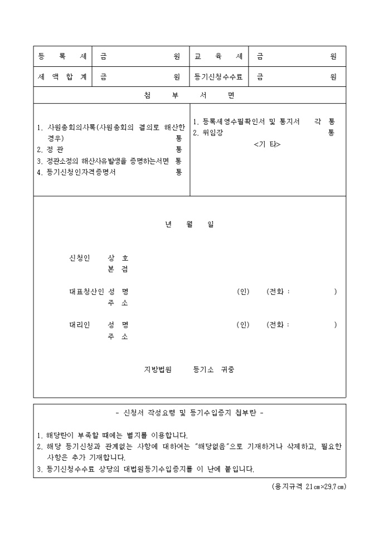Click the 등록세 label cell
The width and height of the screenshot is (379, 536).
pos(62,56)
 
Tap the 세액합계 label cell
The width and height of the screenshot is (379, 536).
pos(62,77)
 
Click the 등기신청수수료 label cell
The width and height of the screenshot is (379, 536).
pos(218,77)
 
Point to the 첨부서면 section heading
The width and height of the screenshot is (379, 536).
pos(189,95)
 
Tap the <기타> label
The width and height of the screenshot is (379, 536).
pos(267,144)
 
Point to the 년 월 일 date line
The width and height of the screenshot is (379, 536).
pos(189,225)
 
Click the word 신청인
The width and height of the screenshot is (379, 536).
pos(79,258)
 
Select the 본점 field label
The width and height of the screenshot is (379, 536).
pos(118,269)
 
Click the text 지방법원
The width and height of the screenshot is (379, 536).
pos(158,369)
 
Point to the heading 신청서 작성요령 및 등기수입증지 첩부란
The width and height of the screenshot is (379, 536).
pos(189,413)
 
